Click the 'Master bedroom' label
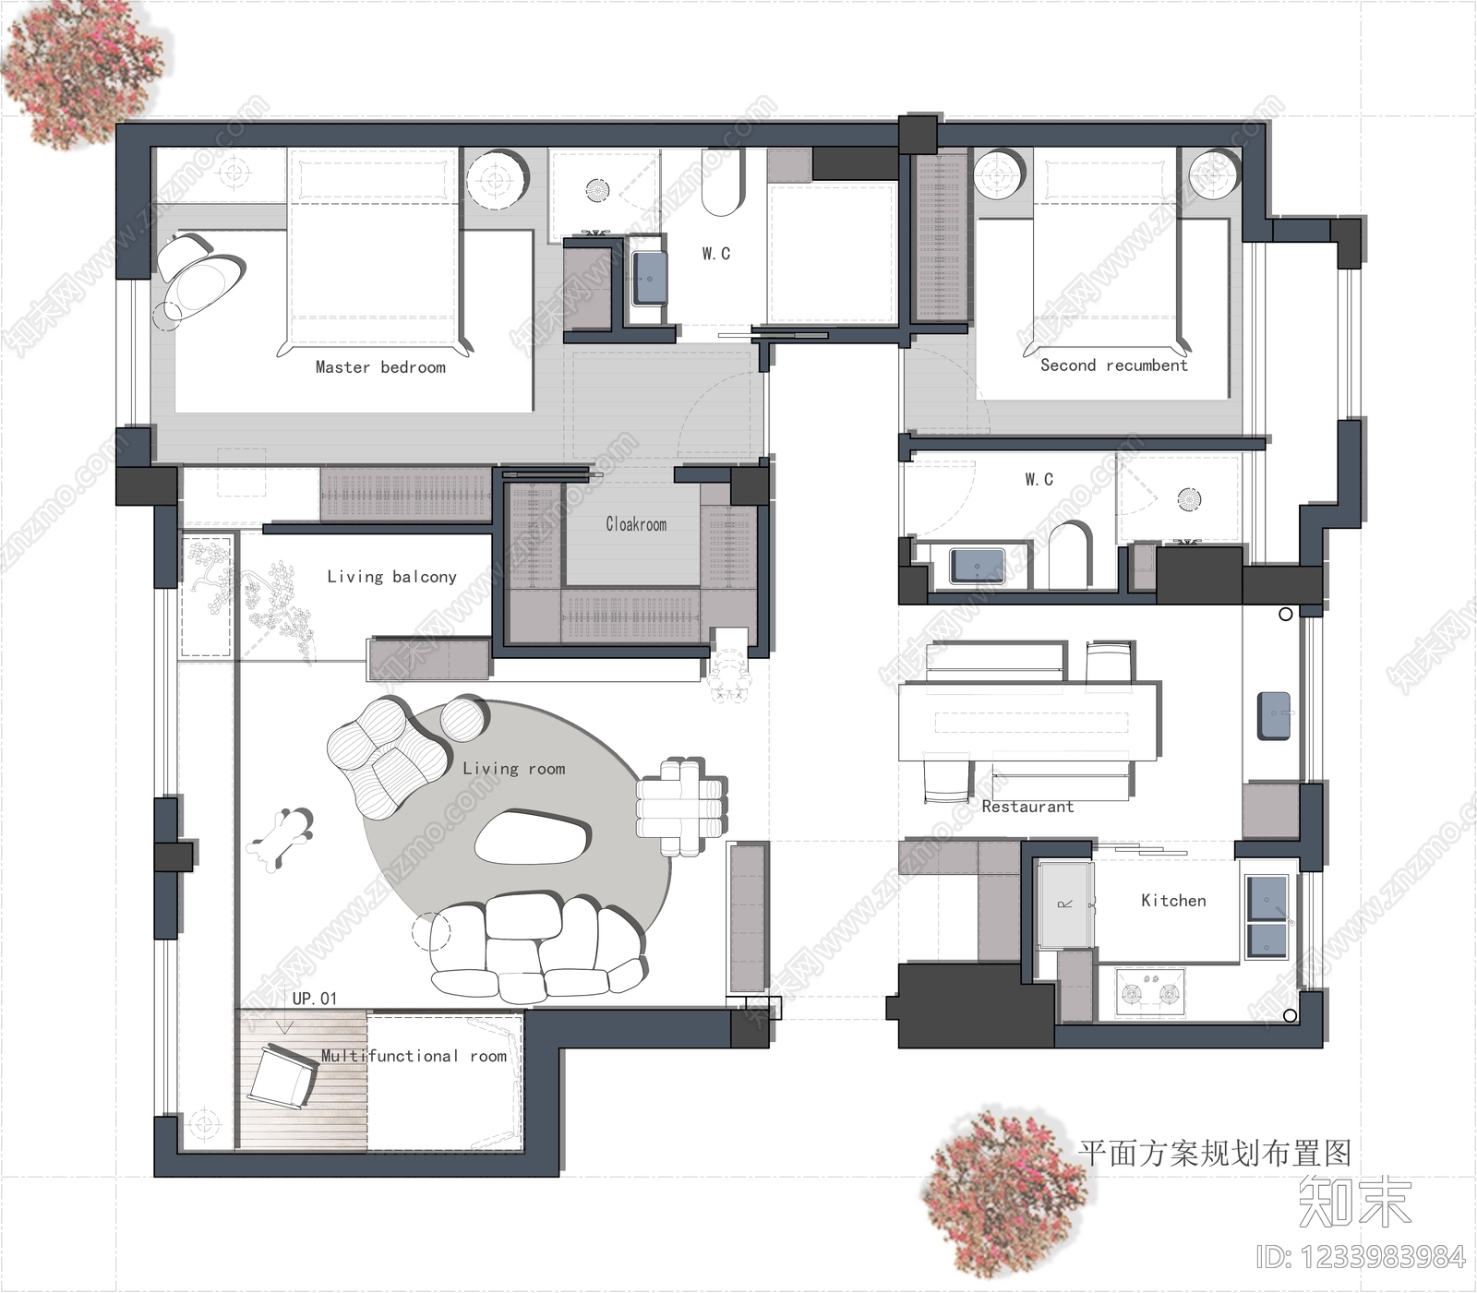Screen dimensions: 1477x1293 [380, 367]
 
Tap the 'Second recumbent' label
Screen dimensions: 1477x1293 [1113, 365]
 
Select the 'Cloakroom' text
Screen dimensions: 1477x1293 [636, 524]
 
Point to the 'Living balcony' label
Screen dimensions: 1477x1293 [391, 577]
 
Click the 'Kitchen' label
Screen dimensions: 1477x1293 [1173, 901]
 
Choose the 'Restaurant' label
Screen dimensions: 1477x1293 [1027, 807]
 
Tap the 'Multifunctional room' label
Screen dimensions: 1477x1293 [414, 1056]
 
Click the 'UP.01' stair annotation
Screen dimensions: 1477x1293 [315, 999]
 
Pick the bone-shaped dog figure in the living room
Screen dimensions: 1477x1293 [280, 835]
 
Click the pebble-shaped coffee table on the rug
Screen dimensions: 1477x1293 [533, 837]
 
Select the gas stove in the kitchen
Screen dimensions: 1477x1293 [1150, 993]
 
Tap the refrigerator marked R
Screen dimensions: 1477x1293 [1064, 904]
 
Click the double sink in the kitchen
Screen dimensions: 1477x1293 [1267, 915]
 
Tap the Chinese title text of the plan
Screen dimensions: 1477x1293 [1215, 1153]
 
